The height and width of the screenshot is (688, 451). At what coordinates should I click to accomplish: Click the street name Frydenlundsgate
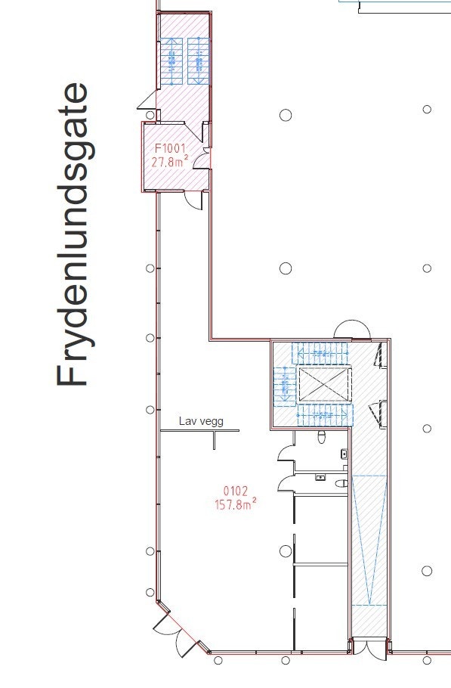point(73,235)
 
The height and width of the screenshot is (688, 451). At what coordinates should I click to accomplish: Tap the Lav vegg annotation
point(201,422)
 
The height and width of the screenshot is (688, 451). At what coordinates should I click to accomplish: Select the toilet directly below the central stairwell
point(323,436)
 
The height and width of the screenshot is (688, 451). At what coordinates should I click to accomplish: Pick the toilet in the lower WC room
point(342,482)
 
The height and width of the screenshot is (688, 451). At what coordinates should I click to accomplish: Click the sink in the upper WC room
point(344,454)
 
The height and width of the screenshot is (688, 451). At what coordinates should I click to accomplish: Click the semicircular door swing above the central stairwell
point(351,329)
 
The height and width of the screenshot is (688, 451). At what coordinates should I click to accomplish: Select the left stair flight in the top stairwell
point(172,61)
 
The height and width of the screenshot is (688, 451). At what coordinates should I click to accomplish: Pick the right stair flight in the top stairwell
point(198,61)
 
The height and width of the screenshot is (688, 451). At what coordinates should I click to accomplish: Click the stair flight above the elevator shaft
point(320,352)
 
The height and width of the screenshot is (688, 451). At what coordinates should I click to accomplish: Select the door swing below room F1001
point(194,200)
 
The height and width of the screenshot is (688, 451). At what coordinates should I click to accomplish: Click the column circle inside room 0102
point(285,552)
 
